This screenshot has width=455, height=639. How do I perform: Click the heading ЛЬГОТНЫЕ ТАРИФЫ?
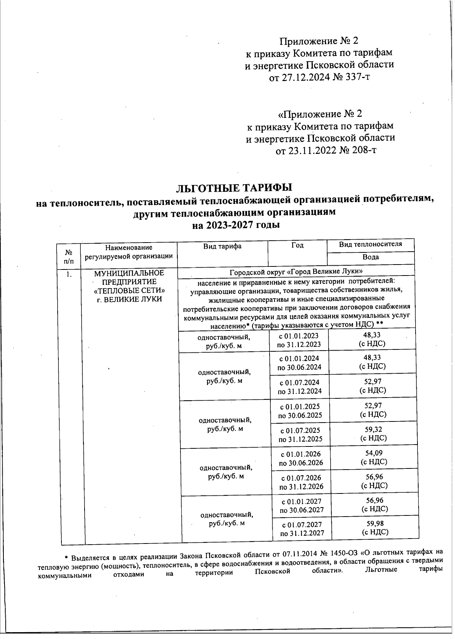[x=235, y=188]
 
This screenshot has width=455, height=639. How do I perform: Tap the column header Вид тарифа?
[x=222, y=246]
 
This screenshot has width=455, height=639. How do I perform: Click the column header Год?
[x=297, y=246]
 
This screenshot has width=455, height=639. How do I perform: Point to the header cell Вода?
[x=370, y=257]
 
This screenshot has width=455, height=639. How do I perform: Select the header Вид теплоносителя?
[x=370, y=244]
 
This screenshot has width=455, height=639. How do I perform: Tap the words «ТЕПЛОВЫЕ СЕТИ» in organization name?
[x=129, y=291]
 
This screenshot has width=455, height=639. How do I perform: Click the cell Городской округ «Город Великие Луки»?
[x=296, y=271]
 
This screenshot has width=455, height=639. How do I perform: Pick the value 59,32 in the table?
[x=373, y=430]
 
